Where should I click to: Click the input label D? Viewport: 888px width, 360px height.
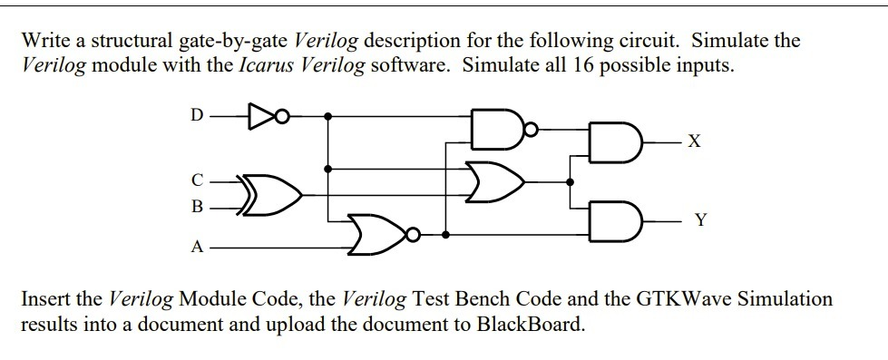click(196, 116)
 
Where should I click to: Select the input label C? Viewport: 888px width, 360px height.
click(197, 181)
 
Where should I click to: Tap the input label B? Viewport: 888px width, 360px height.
click(197, 207)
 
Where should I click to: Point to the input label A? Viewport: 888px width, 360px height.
click(197, 248)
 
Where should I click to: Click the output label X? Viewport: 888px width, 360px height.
click(694, 141)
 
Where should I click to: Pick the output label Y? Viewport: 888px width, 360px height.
click(701, 219)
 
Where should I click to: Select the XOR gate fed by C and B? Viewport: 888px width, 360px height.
click(270, 195)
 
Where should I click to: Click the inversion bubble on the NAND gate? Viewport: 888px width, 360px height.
click(530, 130)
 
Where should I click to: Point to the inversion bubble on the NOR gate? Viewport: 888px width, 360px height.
click(414, 234)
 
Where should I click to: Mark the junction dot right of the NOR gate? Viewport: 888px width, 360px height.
click(445, 234)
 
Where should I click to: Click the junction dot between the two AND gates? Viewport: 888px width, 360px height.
click(571, 181)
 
